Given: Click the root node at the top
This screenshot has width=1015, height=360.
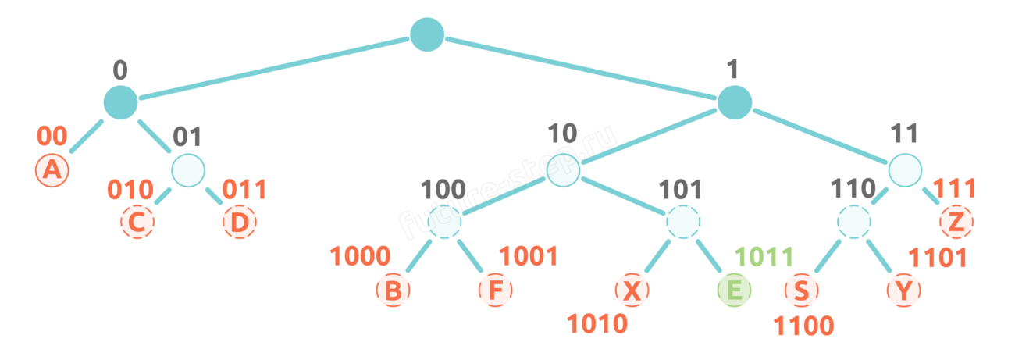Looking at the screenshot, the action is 427,34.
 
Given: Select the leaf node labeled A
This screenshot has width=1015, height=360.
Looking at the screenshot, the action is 52,170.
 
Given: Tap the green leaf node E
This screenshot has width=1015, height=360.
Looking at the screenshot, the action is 734,290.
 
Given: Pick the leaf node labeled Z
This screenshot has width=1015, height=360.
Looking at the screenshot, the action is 956,222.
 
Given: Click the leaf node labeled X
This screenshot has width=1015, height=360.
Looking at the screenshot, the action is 632,290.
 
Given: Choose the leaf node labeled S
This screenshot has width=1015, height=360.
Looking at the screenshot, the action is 802,290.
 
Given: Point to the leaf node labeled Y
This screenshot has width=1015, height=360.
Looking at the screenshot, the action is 904,290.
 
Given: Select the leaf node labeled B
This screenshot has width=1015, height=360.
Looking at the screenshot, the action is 394,290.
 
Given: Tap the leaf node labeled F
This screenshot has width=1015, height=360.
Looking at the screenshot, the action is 496,290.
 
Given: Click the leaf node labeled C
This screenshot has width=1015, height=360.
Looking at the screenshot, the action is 137,222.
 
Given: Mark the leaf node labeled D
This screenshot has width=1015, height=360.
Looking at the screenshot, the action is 240,222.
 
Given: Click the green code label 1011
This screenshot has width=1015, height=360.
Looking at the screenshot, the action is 764,257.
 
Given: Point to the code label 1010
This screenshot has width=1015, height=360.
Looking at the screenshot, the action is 597,324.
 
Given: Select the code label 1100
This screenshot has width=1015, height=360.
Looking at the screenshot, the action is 803,326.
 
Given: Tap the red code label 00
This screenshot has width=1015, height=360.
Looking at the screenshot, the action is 52,136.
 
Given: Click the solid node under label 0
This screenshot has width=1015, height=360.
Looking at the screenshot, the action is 120,102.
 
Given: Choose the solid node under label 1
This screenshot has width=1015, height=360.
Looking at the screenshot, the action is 735,102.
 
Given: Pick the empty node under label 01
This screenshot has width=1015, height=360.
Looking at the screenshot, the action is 188,170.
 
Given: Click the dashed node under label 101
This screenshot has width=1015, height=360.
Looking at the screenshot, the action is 683,222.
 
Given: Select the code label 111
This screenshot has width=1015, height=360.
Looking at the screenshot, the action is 955,189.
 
